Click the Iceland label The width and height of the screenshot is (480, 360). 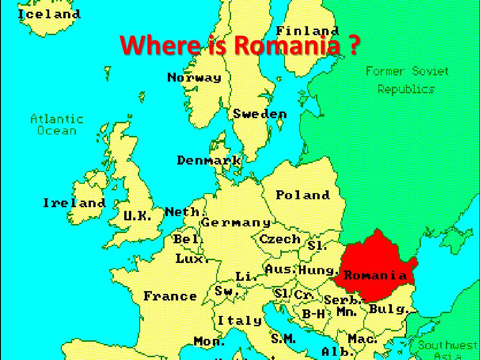click(x=49, y=14)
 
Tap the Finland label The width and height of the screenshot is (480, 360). click(x=307, y=31)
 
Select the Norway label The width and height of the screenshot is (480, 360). click(x=194, y=77)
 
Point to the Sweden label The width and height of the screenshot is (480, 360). click(x=260, y=113)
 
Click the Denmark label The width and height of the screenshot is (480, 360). click(x=209, y=160)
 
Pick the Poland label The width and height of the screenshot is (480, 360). click(x=302, y=195)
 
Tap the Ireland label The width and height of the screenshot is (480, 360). click(x=74, y=203)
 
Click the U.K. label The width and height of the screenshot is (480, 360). click(x=137, y=216)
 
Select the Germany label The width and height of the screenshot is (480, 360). click(x=236, y=223)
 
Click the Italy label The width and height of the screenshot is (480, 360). click(x=239, y=321)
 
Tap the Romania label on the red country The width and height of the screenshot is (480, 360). click(x=375, y=275)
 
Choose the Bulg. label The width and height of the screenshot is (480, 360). click(x=387, y=309)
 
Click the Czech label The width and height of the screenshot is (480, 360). click(x=280, y=239)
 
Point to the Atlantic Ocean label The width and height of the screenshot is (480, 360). click(x=57, y=125)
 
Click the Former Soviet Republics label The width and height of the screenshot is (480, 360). click(x=407, y=80)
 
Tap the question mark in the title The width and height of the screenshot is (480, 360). click(x=354, y=45)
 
